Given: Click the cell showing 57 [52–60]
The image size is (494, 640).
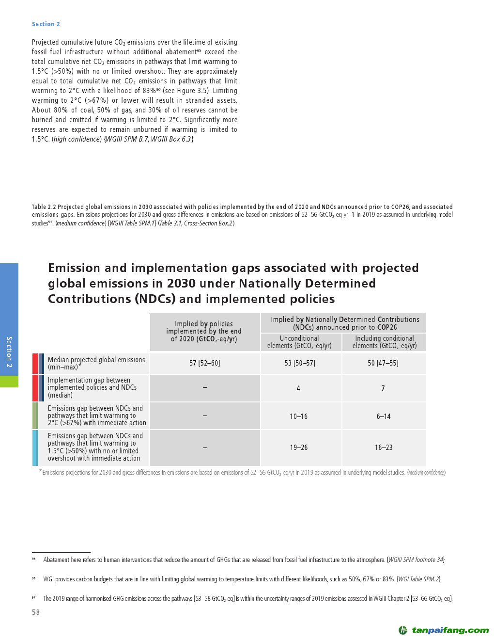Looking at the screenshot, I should (204, 363).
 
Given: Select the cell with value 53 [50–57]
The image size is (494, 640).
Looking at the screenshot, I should (299, 363).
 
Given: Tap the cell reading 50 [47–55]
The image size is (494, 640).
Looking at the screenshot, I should (383, 363).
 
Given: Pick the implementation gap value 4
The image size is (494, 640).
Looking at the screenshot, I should (298, 388).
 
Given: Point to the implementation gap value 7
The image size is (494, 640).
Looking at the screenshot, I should (383, 388).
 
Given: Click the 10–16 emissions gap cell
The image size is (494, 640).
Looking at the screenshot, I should (298, 416).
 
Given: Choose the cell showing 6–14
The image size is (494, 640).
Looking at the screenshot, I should (384, 416).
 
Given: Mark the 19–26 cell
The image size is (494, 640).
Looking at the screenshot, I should (298, 448).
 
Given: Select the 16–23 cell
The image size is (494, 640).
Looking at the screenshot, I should (384, 448).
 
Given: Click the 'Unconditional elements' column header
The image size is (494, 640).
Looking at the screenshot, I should (299, 342).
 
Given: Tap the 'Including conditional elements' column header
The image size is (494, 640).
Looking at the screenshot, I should (384, 342).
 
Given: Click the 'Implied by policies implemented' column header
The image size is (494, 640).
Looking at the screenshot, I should (204, 331).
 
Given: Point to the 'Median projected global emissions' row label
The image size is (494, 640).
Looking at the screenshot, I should (96, 363).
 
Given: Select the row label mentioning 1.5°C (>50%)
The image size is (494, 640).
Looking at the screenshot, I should (95, 447).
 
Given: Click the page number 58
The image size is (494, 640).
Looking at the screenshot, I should (35, 612).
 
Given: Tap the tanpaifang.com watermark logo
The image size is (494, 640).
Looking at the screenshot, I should (444, 630).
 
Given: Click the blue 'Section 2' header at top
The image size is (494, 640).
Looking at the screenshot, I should (46, 24).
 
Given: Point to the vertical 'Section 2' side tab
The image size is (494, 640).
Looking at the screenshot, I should (9, 352).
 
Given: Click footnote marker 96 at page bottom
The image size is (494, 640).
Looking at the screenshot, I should (34, 579).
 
